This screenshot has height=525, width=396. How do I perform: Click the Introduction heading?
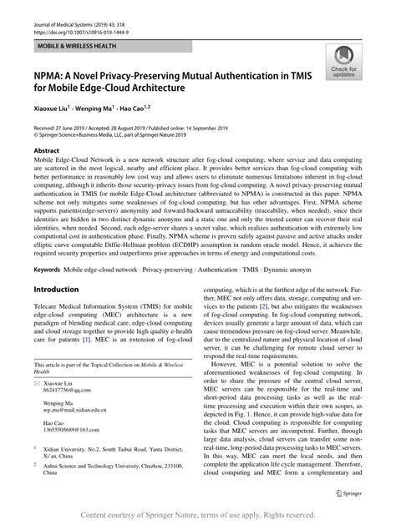click(x=56, y=289)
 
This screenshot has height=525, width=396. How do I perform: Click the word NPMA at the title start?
click(x=51, y=76)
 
